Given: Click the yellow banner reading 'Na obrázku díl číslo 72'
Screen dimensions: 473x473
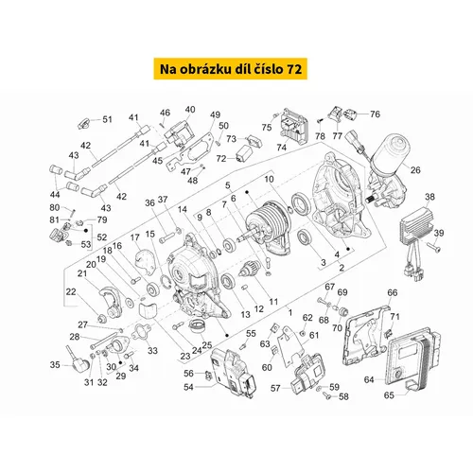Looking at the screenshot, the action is pyautogui.click(x=231, y=68).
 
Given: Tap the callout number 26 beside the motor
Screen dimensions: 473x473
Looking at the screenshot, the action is pyautogui.click(x=415, y=170).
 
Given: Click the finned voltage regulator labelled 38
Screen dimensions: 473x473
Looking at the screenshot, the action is pyautogui.click(x=415, y=229).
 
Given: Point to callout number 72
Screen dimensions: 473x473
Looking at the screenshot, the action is pyautogui.click(x=221, y=159).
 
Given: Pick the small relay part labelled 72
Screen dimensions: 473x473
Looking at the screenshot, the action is pyautogui.click(x=243, y=155).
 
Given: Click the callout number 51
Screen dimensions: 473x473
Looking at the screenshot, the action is pyautogui.click(x=108, y=119).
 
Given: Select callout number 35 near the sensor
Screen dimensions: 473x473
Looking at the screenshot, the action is pyautogui.click(x=55, y=365).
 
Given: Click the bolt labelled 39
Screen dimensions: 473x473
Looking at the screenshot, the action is pyautogui.click(x=434, y=247).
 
